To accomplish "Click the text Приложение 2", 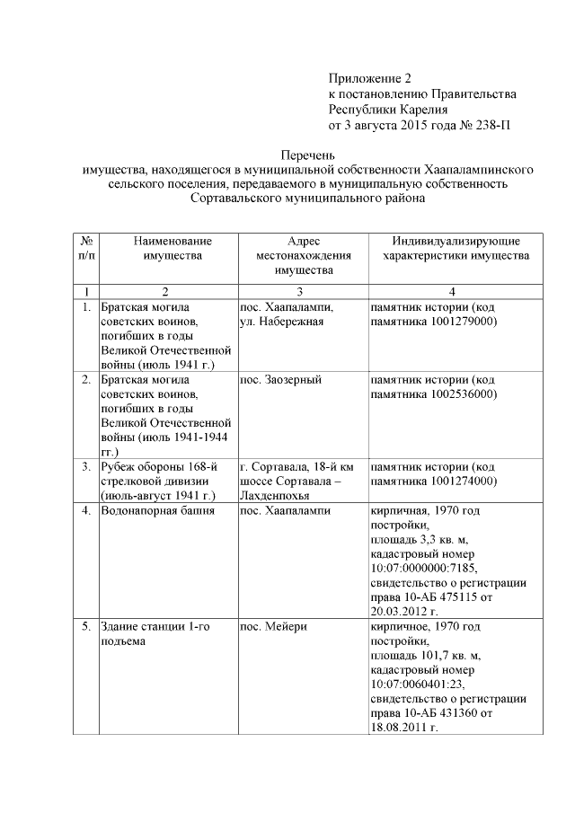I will (368, 79).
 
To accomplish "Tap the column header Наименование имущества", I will (167, 249).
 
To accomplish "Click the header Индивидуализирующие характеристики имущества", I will (455, 249).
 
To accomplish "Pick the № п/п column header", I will (85, 249).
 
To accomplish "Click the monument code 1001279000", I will (464, 323).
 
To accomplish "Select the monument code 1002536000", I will (464, 394).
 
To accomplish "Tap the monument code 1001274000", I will (464, 481).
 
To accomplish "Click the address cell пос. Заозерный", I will (280, 380).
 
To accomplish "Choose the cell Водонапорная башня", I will (157, 511).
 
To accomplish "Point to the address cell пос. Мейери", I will (273, 626).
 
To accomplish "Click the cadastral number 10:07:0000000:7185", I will (423, 569).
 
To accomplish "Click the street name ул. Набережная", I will (281, 323).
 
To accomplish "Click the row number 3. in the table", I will (85, 466).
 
